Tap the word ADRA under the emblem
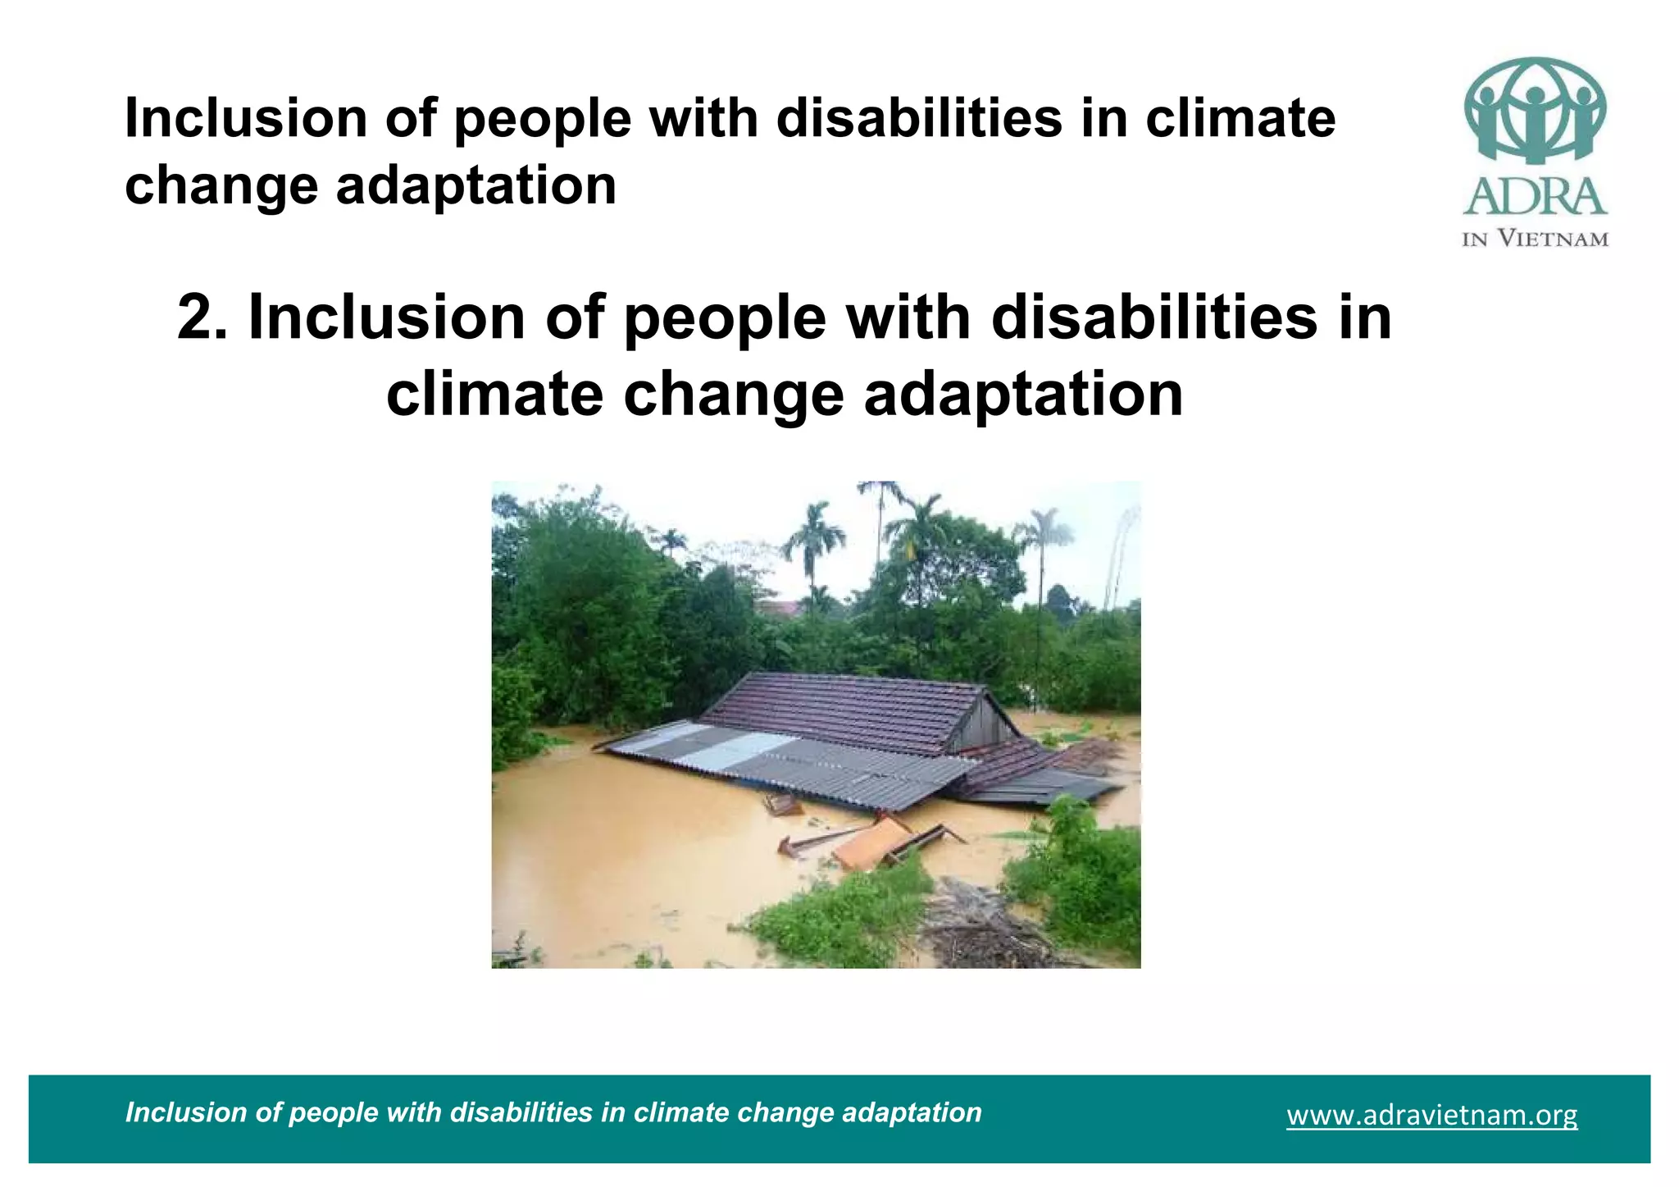(x=1535, y=198)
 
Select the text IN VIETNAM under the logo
(x=1535, y=240)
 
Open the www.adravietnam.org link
(x=1431, y=1116)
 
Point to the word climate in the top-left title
(x=1240, y=118)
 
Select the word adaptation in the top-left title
(x=475, y=185)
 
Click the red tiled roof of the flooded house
(x=844, y=710)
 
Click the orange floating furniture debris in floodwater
(x=871, y=844)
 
